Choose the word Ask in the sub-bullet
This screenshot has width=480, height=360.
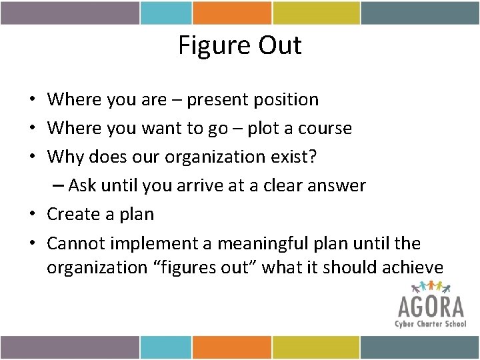tap(82, 185)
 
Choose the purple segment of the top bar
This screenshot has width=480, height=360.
tap(70, 13)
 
